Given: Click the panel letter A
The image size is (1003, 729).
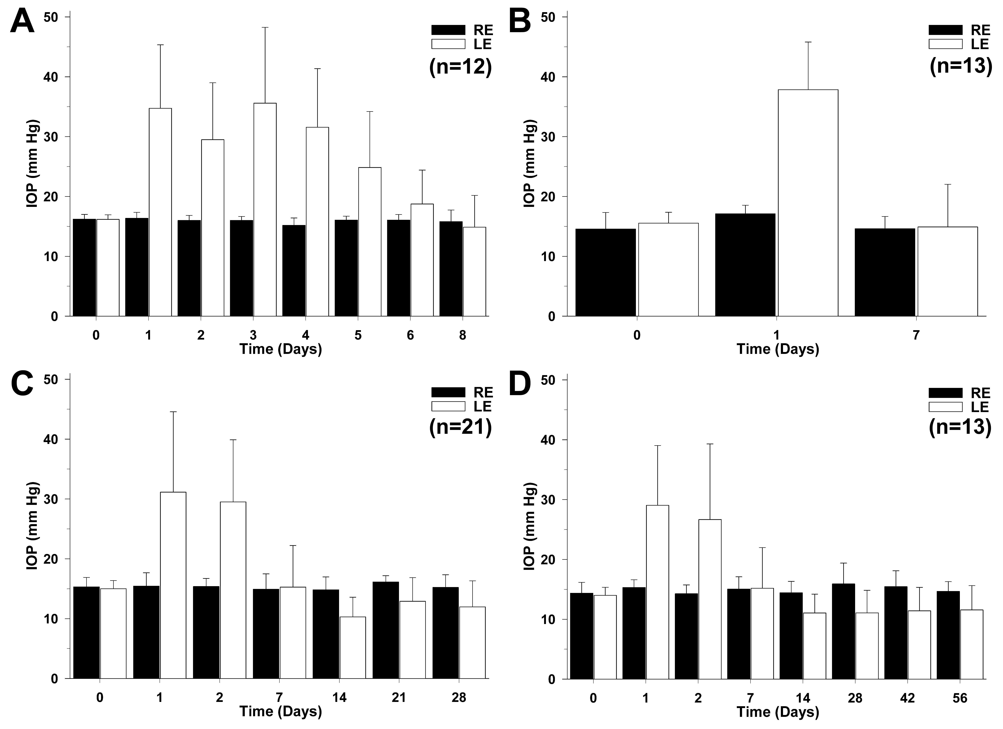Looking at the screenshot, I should tap(22, 22).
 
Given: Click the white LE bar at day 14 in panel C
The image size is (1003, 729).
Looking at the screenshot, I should tap(352, 648).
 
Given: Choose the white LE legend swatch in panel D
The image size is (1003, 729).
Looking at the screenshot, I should tap(946, 407).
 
